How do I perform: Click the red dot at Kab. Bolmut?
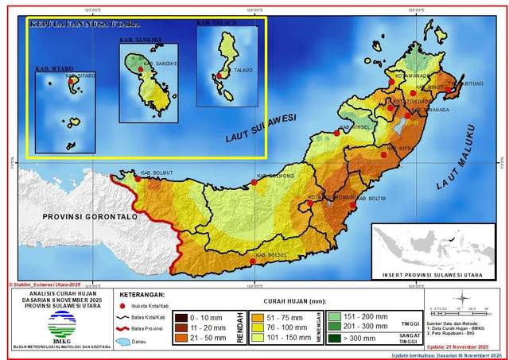(x=137, y=178)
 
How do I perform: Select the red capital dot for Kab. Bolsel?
(x=253, y=261)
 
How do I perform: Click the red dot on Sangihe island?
(x=141, y=69)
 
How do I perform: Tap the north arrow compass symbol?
(x=460, y=299)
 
